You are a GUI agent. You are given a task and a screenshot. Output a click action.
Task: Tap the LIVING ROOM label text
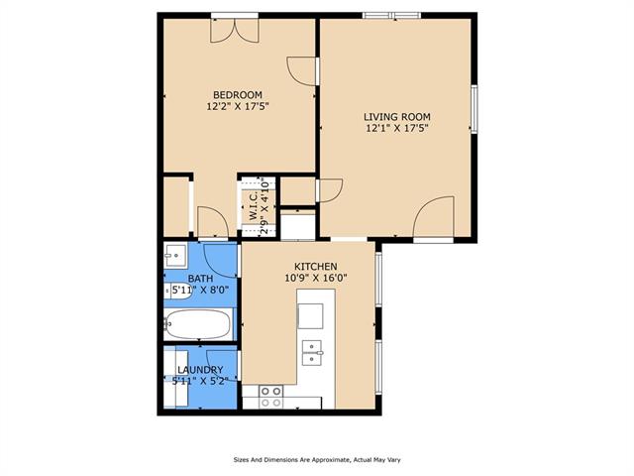click(x=396, y=116)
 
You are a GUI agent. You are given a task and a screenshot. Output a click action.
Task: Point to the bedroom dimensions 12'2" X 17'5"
click(x=238, y=106)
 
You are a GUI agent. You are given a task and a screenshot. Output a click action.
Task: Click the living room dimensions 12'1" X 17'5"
click(x=396, y=127)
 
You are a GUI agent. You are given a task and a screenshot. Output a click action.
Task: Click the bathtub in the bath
click(x=198, y=324)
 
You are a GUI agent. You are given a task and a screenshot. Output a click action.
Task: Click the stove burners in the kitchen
click(x=270, y=396)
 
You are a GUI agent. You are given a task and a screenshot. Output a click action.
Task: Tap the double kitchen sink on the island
click(x=313, y=351)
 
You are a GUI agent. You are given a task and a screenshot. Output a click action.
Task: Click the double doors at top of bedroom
click(x=235, y=29)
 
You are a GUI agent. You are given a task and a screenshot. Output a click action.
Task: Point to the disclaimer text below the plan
click(x=316, y=459)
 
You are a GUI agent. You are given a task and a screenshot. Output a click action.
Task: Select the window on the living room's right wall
click(x=475, y=108)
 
